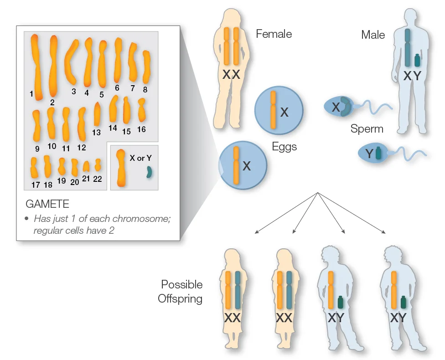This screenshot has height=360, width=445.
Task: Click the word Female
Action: [x=274, y=34]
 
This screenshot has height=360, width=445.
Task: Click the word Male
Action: [x=373, y=35]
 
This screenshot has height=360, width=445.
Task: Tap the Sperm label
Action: [x=367, y=129]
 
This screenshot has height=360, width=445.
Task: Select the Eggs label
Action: [x=285, y=147]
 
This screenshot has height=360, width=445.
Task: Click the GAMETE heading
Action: [x=47, y=204]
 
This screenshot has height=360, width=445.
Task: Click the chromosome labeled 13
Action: [x=97, y=114]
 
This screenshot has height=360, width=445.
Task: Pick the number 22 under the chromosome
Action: [x=98, y=179]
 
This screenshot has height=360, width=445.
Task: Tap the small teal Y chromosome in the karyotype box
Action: [x=149, y=172]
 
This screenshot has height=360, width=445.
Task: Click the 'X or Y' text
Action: [x=140, y=158]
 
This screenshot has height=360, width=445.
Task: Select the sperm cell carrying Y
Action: [x=392, y=153]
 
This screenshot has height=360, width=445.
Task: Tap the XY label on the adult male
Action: [x=412, y=76]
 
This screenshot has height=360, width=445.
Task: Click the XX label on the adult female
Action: [x=231, y=75]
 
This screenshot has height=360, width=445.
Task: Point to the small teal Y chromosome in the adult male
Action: [x=417, y=61]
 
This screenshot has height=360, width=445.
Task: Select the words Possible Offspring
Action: [x=181, y=291]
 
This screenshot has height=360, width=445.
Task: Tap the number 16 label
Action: [x=141, y=129]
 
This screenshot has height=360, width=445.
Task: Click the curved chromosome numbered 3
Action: [x=71, y=62]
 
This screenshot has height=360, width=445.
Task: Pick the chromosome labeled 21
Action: [x=86, y=166]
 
